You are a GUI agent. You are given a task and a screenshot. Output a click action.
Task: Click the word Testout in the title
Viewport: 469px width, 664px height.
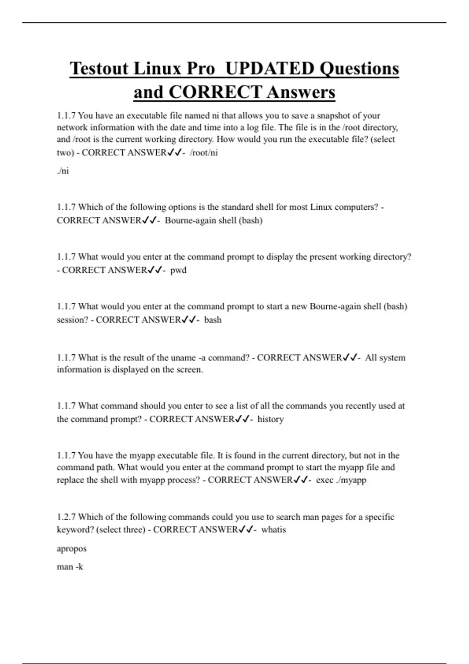coord(99,69)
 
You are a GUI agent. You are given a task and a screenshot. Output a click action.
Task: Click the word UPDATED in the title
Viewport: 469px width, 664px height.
coord(270,69)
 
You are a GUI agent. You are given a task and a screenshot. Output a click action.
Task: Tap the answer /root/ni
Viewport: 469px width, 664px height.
coord(204,153)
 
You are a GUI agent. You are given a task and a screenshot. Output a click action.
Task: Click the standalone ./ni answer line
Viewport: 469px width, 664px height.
coord(63,171)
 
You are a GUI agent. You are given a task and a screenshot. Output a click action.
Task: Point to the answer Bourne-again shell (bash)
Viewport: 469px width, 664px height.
coord(213,220)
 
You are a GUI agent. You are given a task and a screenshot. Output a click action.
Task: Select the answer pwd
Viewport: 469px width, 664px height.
coord(178,270)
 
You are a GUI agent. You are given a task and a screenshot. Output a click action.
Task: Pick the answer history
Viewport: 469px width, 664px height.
coord(270,419)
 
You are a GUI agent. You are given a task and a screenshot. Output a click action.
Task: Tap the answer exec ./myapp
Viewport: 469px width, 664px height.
coord(341,480)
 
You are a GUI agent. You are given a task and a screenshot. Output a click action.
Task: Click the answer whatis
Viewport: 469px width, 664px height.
coord(274,530)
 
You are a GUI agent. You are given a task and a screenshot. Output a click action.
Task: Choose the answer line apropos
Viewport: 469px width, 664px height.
coord(72,548)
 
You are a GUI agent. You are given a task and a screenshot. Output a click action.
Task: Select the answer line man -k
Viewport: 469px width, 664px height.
coord(70,567)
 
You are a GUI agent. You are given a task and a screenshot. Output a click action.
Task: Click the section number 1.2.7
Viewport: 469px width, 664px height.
coord(66,517)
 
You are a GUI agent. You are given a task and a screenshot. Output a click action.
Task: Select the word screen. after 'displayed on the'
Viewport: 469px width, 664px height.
coord(190,369)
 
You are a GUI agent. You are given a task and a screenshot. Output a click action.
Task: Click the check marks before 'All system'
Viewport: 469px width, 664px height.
coord(350,357)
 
